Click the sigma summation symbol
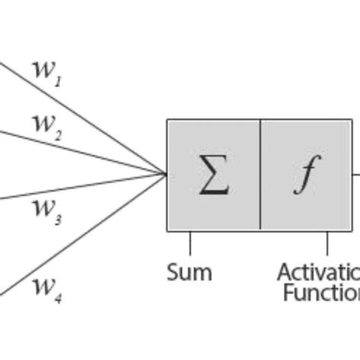[x=214, y=175]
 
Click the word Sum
[x=189, y=272]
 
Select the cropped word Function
[x=321, y=292]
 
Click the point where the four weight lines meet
[x=166, y=174]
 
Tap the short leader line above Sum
[x=190, y=243]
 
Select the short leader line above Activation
[x=327, y=243]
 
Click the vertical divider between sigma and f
[x=261, y=175]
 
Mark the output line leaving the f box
[x=356, y=174]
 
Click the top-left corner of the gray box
[x=168, y=120]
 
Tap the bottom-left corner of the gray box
[x=168, y=230]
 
